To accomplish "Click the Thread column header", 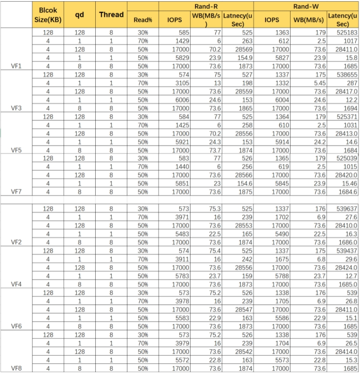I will [x=111, y=15].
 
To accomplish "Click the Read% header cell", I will [x=143, y=20].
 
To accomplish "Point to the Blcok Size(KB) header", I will [x=48, y=15].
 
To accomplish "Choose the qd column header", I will [x=80, y=15].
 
